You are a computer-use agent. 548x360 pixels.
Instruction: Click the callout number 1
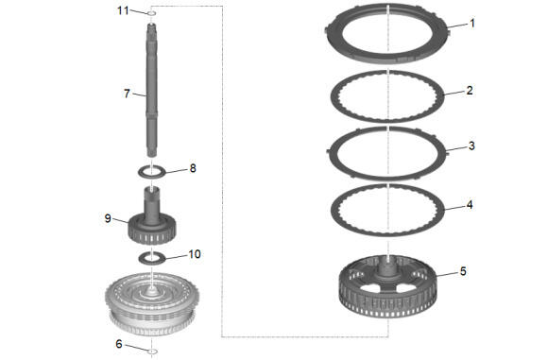coord(472,24)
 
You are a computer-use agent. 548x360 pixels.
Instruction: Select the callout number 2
coord(470,91)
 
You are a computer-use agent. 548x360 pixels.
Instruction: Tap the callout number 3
coord(471,146)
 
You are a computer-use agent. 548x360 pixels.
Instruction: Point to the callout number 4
coord(470,205)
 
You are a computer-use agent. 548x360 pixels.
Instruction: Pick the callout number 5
coord(463,271)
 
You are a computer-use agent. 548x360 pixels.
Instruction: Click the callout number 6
coord(119,344)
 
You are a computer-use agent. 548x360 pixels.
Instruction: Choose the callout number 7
coord(127,94)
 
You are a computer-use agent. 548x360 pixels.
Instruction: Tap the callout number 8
coord(193,168)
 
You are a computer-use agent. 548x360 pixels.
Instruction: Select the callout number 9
coord(108,218)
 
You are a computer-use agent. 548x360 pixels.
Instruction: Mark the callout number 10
coord(195,254)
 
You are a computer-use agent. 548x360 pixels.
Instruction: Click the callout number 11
coord(123,10)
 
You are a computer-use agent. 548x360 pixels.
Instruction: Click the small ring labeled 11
coord(151,13)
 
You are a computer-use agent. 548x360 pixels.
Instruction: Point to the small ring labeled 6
coord(152,351)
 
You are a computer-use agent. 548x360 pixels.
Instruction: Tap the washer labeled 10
coord(151,258)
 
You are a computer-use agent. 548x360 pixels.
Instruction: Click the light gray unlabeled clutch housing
coord(152,303)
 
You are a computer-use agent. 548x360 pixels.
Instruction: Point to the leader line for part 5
coord(447,273)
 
